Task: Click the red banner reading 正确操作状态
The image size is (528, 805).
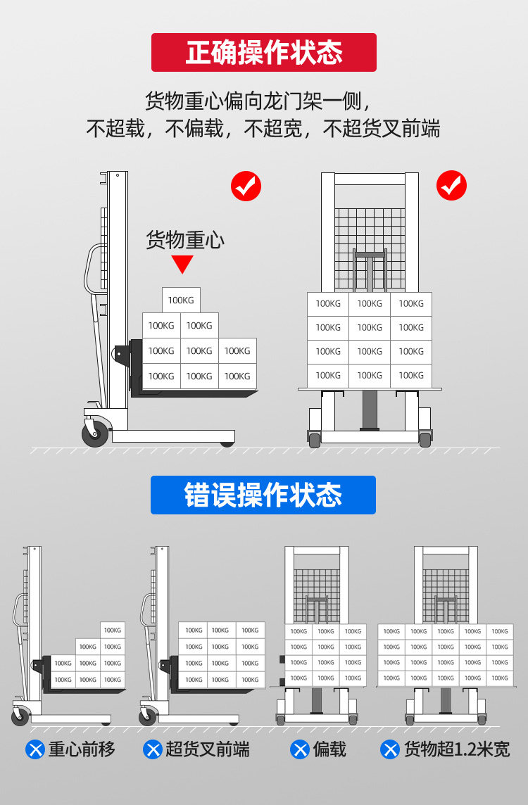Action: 264,53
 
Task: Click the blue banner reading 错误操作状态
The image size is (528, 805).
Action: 263,495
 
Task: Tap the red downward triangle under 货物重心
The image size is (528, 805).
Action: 183,265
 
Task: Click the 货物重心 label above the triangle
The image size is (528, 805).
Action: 184,240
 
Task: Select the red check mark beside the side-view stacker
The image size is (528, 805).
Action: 246,186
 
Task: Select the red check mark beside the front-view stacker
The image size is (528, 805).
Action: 451,186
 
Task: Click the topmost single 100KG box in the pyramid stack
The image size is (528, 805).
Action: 181,300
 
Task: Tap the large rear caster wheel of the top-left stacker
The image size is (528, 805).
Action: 95,432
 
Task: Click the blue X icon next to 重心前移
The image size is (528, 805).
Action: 34,749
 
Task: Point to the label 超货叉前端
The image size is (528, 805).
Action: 208,749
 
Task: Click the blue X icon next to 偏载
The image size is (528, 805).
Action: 300,749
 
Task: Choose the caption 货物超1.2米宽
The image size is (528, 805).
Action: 456,749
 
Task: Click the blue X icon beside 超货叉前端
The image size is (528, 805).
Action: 152,749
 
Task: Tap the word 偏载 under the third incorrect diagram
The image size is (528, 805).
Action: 329,749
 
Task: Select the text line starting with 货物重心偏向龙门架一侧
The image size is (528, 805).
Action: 258,101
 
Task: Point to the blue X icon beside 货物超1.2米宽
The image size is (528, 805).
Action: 390,749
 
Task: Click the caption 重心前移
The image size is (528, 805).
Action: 81,749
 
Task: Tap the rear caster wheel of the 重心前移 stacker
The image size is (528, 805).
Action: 20,717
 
